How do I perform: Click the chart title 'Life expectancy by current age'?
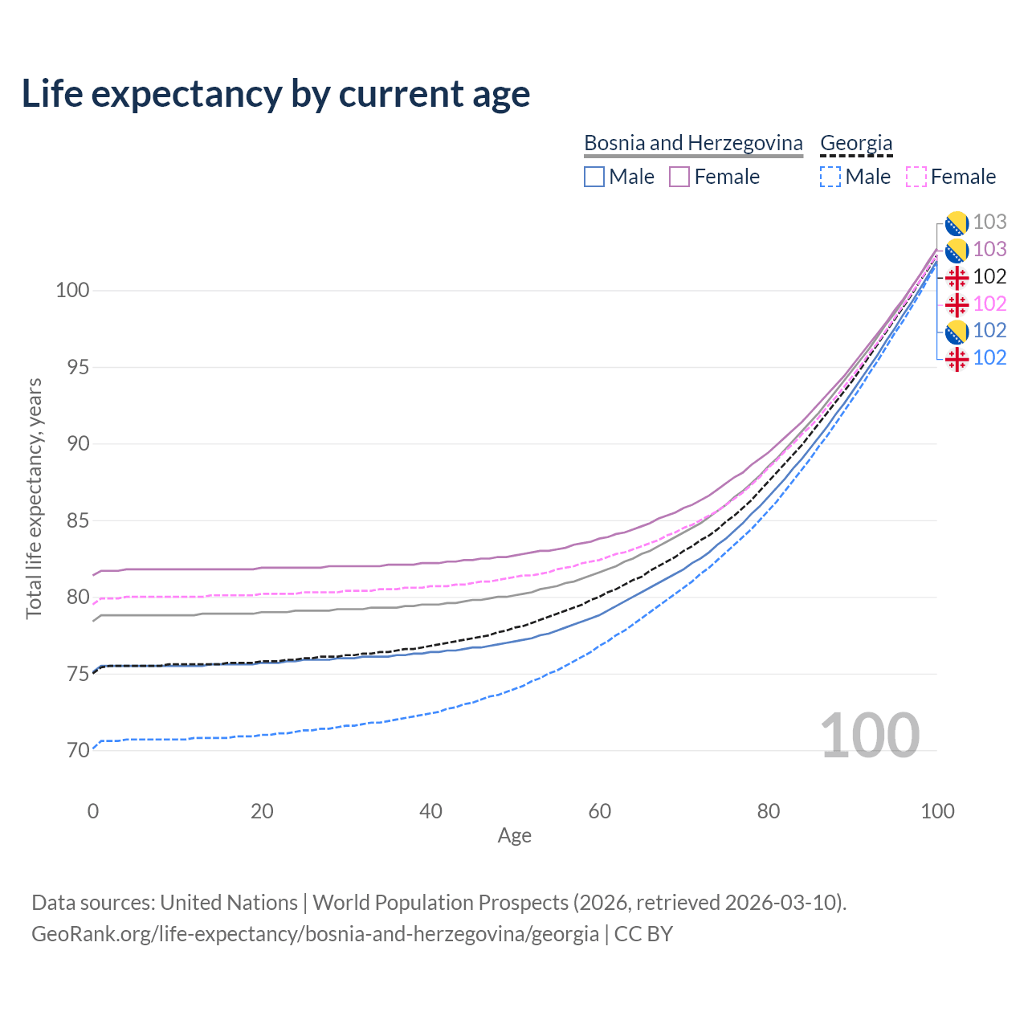click(x=275, y=94)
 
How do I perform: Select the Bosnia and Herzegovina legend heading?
click(x=693, y=143)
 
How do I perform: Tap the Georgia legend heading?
click(x=856, y=143)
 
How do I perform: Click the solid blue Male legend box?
click(x=594, y=177)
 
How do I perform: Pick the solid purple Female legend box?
click(x=679, y=177)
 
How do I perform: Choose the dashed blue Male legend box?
click(x=830, y=177)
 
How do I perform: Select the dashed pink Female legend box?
click(x=916, y=177)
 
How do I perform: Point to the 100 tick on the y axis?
click(x=71, y=290)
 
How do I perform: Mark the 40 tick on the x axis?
click(x=430, y=811)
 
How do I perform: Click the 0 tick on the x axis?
click(x=93, y=811)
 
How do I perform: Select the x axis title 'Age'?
click(x=514, y=835)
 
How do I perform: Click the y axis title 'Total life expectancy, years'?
click(x=34, y=498)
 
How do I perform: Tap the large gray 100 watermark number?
click(x=870, y=736)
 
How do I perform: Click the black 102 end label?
click(x=989, y=276)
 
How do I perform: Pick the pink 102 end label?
click(x=989, y=304)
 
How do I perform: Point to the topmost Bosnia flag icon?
click(x=956, y=222)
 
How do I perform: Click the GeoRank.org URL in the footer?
click(x=315, y=934)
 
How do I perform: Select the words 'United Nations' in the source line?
click(x=229, y=903)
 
